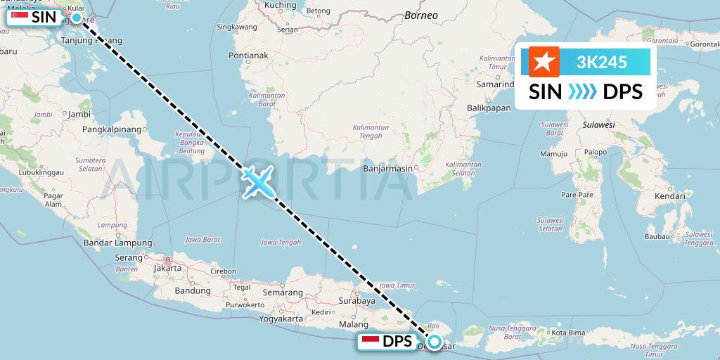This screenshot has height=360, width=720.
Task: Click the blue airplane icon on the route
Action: pyautogui.click(x=259, y=182)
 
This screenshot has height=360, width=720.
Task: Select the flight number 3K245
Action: pyautogui.click(x=601, y=63)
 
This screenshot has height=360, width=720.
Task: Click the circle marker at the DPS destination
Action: pyautogui.click(x=435, y=342)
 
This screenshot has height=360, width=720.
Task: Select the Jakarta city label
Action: pyautogui.click(x=167, y=268)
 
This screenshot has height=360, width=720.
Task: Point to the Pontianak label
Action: pyautogui.click(x=248, y=55)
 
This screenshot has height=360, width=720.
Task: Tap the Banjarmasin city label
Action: pyautogui.click(x=387, y=169)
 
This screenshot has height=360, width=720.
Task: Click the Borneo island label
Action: pyautogui.click(x=421, y=15)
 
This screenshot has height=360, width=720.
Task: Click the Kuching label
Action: pyautogui.click(x=281, y=6)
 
